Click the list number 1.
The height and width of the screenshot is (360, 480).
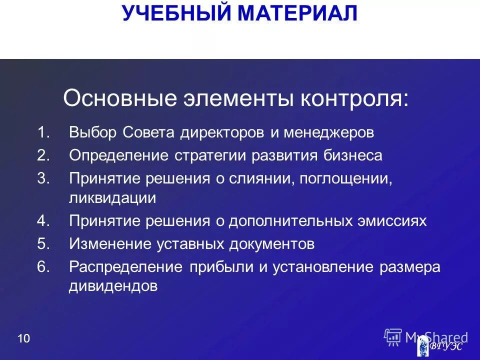coord(43,133)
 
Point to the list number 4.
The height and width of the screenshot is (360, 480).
coord(43,221)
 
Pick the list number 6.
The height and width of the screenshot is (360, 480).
coord(43,267)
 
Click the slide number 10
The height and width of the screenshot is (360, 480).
coord(23,338)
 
